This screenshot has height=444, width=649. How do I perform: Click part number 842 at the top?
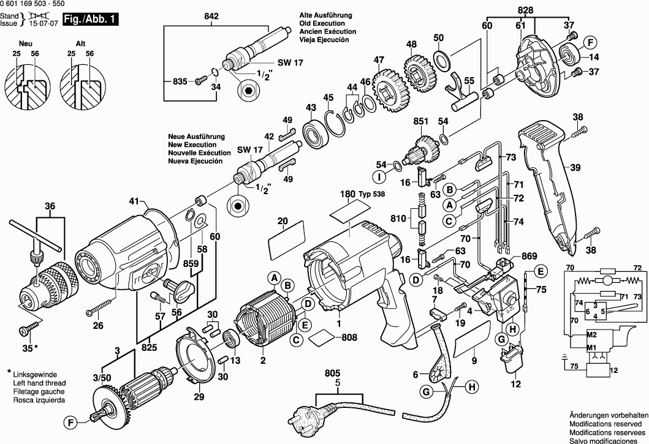211,17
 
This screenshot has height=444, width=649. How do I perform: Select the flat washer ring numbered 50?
440,59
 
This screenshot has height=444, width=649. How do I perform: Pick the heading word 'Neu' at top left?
26,44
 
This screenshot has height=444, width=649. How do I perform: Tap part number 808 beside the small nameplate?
349,336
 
